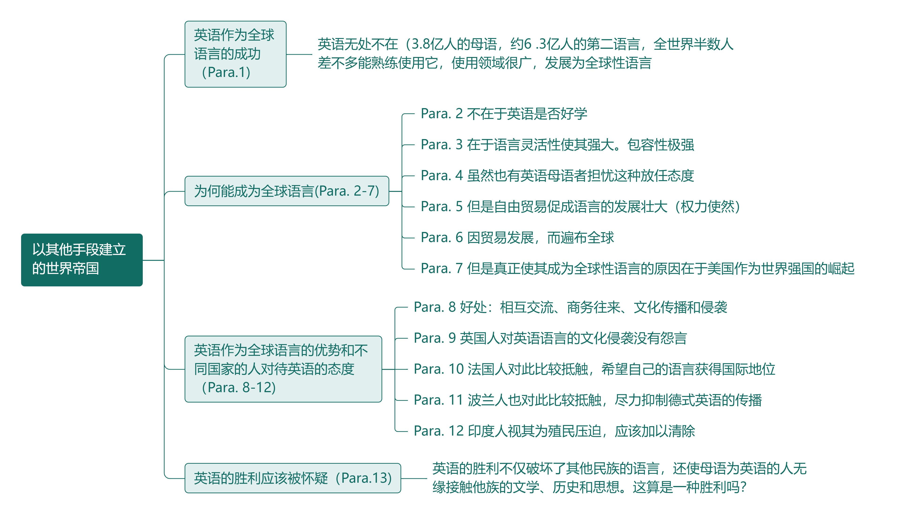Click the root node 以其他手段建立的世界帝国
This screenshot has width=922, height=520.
click(x=82, y=260)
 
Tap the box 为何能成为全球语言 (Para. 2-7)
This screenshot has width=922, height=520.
click(x=286, y=191)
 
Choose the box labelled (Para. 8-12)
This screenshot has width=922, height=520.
click(x=283, y=369)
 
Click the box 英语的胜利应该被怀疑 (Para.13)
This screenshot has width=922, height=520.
click(x=292, y=478)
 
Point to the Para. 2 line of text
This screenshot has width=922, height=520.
click(x=503, y=114)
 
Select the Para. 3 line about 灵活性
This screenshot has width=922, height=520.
click(x=557, y=145)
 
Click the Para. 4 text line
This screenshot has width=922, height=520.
click(x=557, y=175)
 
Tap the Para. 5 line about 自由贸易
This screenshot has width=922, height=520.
click(x=580, y=207)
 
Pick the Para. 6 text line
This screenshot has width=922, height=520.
click(x=517, y=237)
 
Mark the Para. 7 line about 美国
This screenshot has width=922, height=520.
click(x=637, y=268)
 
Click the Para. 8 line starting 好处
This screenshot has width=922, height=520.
click(x=570, y=307)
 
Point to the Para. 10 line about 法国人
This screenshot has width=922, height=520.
click(x=594, y=369)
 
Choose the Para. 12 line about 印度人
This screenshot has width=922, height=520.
click(x=554, y=431)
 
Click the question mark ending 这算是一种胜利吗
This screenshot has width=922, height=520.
click(x=743, y=487)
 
